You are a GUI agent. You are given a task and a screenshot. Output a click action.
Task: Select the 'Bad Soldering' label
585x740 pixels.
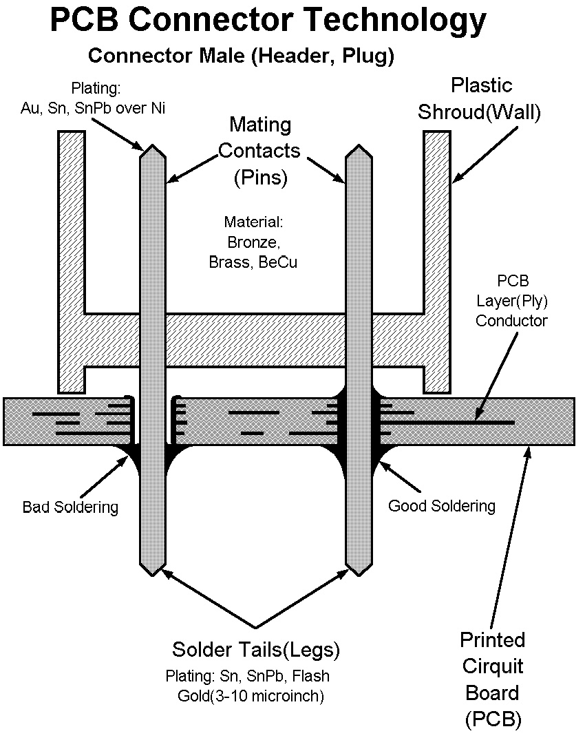point(70,507)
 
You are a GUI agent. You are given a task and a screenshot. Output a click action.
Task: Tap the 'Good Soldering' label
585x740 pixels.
point(442,506)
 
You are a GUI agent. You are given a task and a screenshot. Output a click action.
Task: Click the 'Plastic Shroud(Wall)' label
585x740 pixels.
point(481,98)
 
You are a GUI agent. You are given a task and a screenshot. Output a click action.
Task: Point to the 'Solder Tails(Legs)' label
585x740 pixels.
point(256,649)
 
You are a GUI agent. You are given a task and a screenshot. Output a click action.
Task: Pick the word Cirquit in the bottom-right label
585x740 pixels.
point(492,666)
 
